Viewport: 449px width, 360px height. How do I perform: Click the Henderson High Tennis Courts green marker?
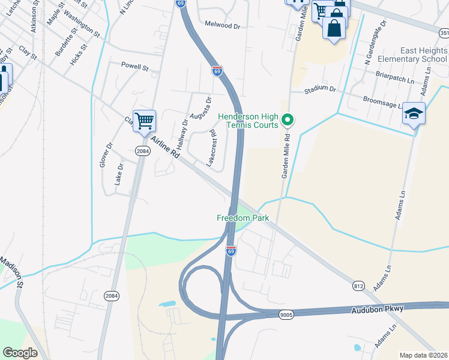point(288,121)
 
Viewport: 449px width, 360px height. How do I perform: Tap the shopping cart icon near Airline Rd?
point(144,121)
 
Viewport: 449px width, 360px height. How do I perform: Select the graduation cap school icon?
point(414,114)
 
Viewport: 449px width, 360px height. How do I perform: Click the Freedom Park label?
point(243,218)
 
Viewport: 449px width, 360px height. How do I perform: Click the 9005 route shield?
point(286,314)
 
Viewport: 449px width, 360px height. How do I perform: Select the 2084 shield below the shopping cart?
point(142,151)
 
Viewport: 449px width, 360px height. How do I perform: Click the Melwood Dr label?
point(222,26)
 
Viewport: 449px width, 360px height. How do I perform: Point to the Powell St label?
point(134,66)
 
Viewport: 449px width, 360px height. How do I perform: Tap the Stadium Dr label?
point(320,89)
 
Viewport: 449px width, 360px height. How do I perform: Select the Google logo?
point(20,353)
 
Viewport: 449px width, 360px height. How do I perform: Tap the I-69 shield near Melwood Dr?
point(217,71)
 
